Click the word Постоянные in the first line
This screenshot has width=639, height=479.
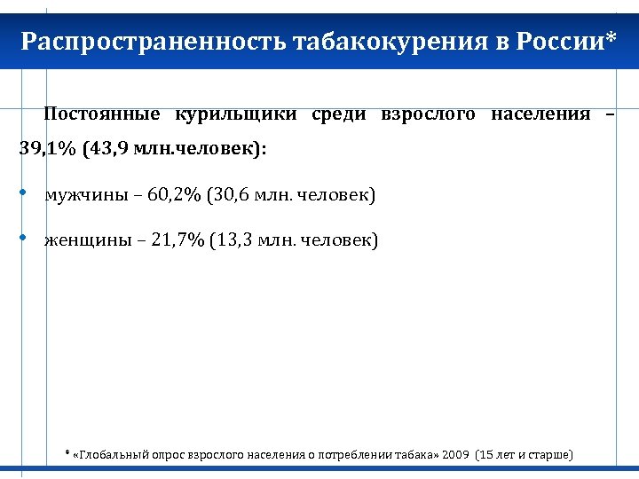click(102, 114)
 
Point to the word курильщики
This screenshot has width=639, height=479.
click(235, 114)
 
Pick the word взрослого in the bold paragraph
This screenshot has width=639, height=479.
click(428, 114)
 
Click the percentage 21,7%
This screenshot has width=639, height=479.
click(177, 240)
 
